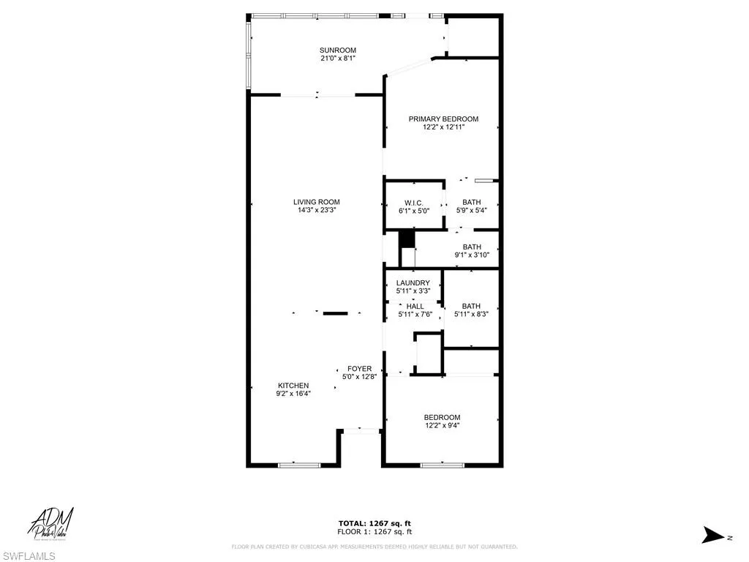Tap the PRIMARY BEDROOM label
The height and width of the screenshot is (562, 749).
pyautogui.click(x=443, y=119)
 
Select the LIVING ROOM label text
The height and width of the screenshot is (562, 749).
pyautogui.click(x=316, y=202)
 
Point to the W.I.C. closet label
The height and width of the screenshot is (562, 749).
pyautogui.click(x=414, y=203)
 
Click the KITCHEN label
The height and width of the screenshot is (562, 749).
pyautogui.click(x=293, y=386)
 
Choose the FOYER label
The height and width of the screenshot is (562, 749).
pyautogui.click(x=359, y=369)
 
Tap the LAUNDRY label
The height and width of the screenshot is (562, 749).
pyautogui.click(x=413, y=283)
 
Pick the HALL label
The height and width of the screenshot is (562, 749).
pyautogui.click(x=415, y=306)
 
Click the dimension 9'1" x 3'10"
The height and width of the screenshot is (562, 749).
pyautogui.click(x=471, y=255)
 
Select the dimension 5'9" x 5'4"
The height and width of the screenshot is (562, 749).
pyautogui.click(x=471, y=211)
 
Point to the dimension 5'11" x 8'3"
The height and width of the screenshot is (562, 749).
pyautogui.click(x=471, y=315)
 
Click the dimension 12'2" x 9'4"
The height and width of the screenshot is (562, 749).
pyautogui.click(x=442, y=425)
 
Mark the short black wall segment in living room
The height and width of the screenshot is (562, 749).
pyautogui.click(x=336, y=314)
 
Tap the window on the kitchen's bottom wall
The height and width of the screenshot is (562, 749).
pyautogui.click(x=299, y=464)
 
